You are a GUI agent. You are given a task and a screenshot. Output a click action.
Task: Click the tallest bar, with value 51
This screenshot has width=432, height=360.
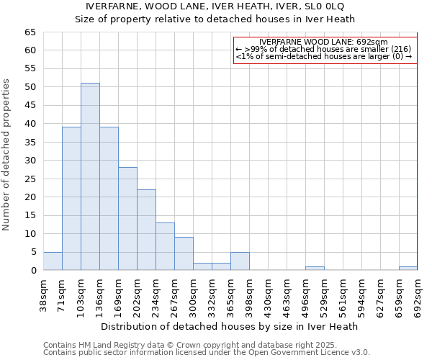(90, 176)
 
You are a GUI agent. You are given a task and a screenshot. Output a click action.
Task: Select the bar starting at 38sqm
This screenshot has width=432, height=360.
(53, 261)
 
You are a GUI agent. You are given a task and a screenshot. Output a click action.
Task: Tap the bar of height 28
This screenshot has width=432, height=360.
(127, 219)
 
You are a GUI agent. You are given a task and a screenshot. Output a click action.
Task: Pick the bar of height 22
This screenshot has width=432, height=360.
(146, 230)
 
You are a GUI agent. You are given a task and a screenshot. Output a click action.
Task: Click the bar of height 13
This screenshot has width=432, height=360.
(165, 246)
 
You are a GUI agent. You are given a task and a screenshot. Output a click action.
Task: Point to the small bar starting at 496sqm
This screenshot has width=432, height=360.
(315, 269)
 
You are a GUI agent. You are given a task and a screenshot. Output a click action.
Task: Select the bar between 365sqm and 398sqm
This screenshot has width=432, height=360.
(240, 261)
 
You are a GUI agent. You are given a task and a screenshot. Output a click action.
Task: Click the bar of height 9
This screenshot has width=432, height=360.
(184, 253)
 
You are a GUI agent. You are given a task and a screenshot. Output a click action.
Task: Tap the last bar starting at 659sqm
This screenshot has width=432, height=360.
(408, 269)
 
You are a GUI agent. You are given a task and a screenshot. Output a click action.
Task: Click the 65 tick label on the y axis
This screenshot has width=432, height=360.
(30, 32)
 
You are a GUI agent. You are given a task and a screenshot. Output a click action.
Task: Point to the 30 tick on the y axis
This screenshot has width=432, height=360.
(30, 161)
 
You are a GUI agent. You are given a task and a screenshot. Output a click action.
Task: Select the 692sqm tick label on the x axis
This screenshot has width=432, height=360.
(418, 297)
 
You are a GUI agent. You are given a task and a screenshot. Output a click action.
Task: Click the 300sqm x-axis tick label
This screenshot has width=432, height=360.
(193, 297)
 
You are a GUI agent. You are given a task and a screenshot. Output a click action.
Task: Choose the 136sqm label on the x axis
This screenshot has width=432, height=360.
(99, 297)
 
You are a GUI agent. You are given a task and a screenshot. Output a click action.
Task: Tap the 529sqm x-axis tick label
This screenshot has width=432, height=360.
(324, 297)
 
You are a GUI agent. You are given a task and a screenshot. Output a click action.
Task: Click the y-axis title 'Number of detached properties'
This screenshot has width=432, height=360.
(7, 155)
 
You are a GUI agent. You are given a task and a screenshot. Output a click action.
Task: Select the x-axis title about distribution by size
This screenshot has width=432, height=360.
(230, 326)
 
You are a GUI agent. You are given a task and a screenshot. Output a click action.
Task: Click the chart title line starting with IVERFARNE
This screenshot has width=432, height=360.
(215, 6)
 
